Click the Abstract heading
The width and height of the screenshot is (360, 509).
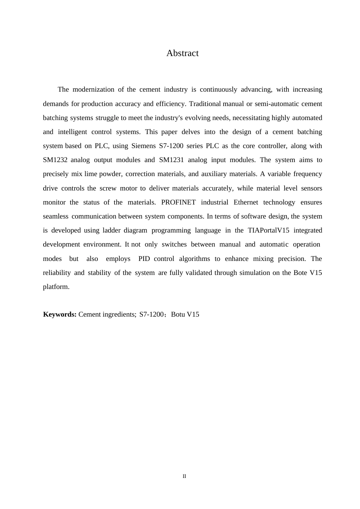click(182, 53)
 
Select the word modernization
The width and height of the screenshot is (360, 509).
click(93, 90)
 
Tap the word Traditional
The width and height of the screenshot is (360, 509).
click(205, 104)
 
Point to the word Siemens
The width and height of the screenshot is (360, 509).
click(143, 146)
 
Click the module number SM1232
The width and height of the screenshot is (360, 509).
click(55, 160)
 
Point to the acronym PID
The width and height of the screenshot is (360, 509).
click(144, 259)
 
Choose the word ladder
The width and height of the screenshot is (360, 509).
click(111, 230)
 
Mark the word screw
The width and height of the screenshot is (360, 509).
click(108, 188)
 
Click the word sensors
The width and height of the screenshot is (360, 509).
click(311, 188)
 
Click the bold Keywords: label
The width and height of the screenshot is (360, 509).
click(60, 314)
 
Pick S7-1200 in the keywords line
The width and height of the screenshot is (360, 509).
click(151, 314)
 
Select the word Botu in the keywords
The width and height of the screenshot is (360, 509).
click(178, 314)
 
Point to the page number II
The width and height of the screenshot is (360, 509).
click(185, 476)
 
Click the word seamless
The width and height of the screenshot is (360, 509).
click(56, 216)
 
